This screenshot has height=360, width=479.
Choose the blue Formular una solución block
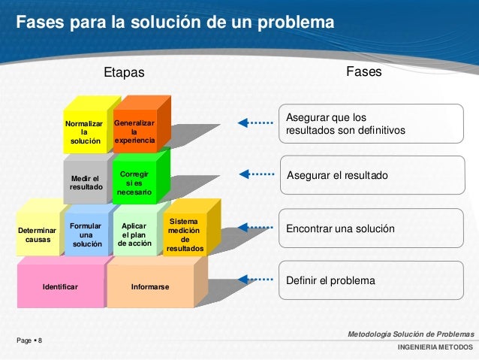(x=86, y=234)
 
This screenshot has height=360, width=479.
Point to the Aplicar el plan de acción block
(x=134, y=234)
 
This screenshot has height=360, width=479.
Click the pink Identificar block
(x=60, y=286)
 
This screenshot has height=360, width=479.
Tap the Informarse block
(x=150, y=286)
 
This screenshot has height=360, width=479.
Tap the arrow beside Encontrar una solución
(x=255, y=227)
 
